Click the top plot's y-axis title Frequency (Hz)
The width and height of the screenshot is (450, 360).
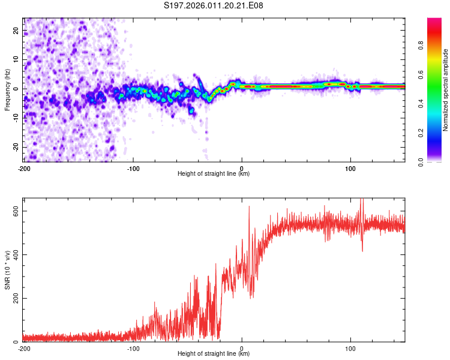[7, 89]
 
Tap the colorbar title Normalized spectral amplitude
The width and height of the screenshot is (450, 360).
[446, 90]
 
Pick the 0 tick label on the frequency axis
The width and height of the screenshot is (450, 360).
[18, 89]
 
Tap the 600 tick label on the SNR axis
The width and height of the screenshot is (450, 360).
[13, 211]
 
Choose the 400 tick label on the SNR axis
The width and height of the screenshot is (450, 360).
[13, 255]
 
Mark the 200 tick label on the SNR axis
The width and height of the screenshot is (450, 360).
[13, 298]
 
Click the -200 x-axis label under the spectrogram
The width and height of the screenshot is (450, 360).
[24, 169]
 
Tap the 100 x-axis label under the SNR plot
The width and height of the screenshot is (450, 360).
[350, 348]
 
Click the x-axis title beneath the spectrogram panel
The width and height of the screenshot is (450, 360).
[214, 174]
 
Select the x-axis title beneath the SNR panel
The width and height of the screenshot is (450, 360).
[214, 353]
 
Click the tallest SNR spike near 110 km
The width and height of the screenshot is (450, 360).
[361, 200]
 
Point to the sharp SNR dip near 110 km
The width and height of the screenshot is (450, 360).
[362, 250]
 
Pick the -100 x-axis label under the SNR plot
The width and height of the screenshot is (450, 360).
[133, 348]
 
